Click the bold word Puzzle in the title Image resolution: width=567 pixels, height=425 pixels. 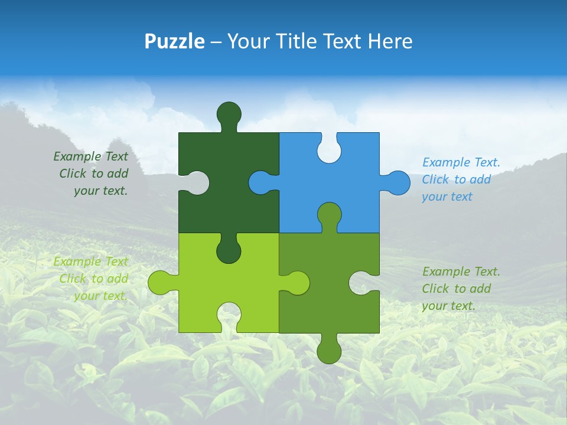click(175, 42)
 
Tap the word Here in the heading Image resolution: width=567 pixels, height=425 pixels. click(390, 42)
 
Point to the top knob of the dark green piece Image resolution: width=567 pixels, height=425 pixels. click(229, 114)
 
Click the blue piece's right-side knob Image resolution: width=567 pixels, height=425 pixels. click(397, 182)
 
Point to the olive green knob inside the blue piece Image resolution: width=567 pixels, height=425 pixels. click(329, 215)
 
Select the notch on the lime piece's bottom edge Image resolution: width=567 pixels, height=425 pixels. click(229, 315)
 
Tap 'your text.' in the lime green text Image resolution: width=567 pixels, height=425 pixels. click(100, 296)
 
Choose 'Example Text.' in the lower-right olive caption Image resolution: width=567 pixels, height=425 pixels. click(461, 272)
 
